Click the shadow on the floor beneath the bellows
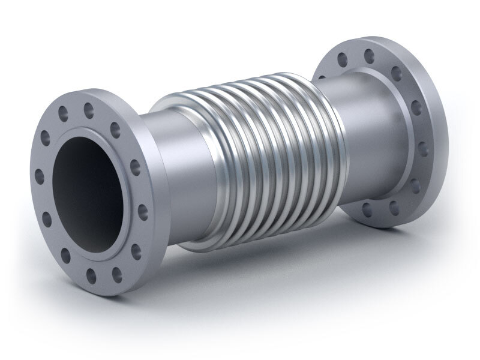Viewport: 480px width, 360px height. click(x=270, y=264)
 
